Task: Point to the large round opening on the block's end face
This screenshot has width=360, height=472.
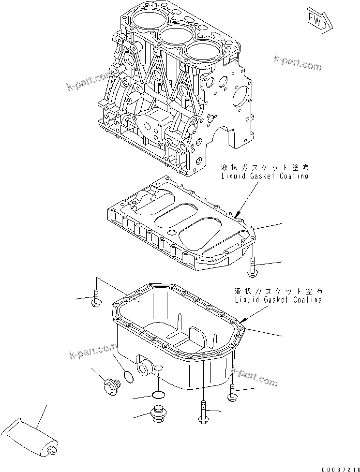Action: tap(241, 99)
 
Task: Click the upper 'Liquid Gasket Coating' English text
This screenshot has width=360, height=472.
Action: tap(264, 176)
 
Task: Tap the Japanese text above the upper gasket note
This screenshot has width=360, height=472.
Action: tap(264, 168)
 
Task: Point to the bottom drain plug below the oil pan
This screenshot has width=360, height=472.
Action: tap(159, 413)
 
